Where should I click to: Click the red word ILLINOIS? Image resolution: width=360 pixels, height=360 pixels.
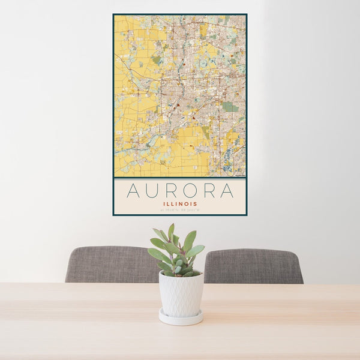(180, 203)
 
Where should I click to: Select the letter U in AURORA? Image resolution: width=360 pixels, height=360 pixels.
(154, 191)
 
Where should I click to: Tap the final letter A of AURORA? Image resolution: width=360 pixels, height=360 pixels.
(227, 191)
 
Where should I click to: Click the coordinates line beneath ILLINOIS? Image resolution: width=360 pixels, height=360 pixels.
(180, 211)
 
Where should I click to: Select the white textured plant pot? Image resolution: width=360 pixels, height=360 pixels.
(181, 294)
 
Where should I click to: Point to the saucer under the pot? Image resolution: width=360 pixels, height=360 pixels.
(181, 319)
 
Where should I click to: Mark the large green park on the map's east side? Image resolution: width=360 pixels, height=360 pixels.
(230, 107)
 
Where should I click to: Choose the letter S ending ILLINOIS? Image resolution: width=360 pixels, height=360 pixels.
(196, 203)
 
